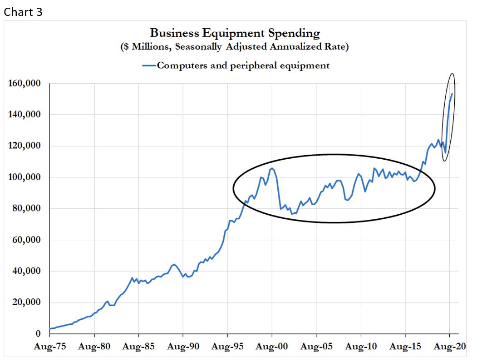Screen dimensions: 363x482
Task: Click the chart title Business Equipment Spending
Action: coord(235,33)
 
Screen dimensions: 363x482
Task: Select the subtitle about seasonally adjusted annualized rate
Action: coord(235,47)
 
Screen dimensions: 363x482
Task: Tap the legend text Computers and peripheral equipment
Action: coord(243,66)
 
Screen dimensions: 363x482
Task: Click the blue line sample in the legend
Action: coord(149,66)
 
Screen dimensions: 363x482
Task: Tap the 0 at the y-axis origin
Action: coord(38,333)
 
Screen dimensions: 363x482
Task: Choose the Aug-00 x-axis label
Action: coord(272,347)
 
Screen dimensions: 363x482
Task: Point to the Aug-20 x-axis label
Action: coord(449,347)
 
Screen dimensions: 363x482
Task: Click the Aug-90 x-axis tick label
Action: coord(183,347)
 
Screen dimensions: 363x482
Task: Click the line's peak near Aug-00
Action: coord(271,168)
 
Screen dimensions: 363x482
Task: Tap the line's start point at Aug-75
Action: coord(50,328)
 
